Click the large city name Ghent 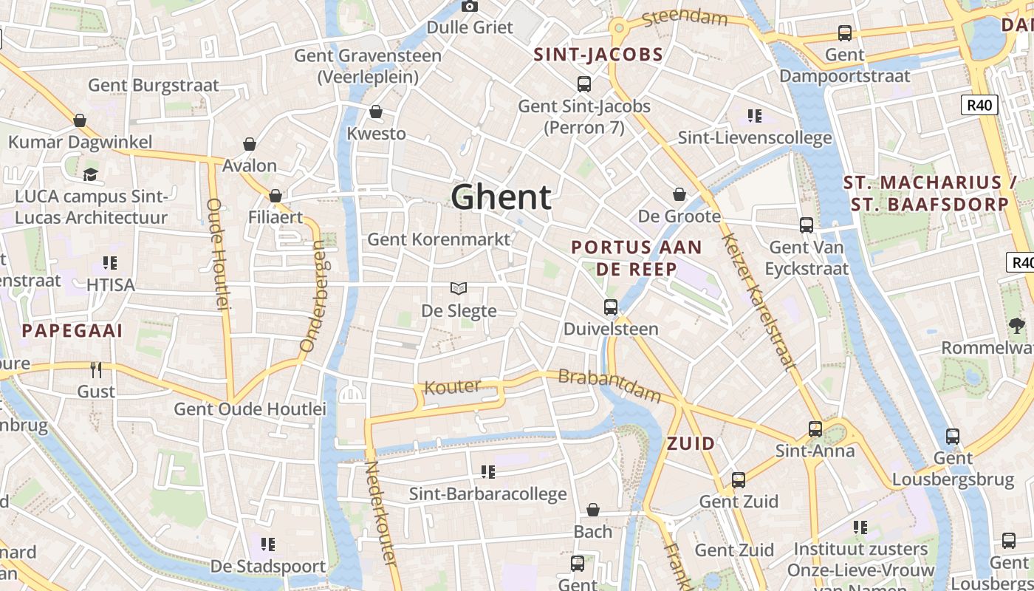click(x=501, y=197)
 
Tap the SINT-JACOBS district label click(x=598, y=55)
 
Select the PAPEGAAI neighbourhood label click(x=72, y=330)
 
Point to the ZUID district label click(x=691, y=443)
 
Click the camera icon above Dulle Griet click(x=469, y=7)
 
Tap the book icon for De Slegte click(x=459, y=288)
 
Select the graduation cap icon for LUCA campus click(x=90, y=174)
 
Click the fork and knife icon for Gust click(x=96, y=369)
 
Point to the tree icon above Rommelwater click(x=1016, y=325)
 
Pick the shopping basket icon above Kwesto click(x=376, y=112)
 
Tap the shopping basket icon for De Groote click(x=679, y=194)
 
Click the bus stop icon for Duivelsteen click(x=611, y=307)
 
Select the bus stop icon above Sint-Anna click(x=815, y=428)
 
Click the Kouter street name click(x=452, y=386)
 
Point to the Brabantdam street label click(x=609, y=385)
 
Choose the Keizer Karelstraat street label click(x=759, y=301)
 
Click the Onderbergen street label click(x=312, y=295)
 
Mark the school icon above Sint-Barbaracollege click(x=487, y=471)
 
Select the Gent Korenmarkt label click(x=439, y=239)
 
